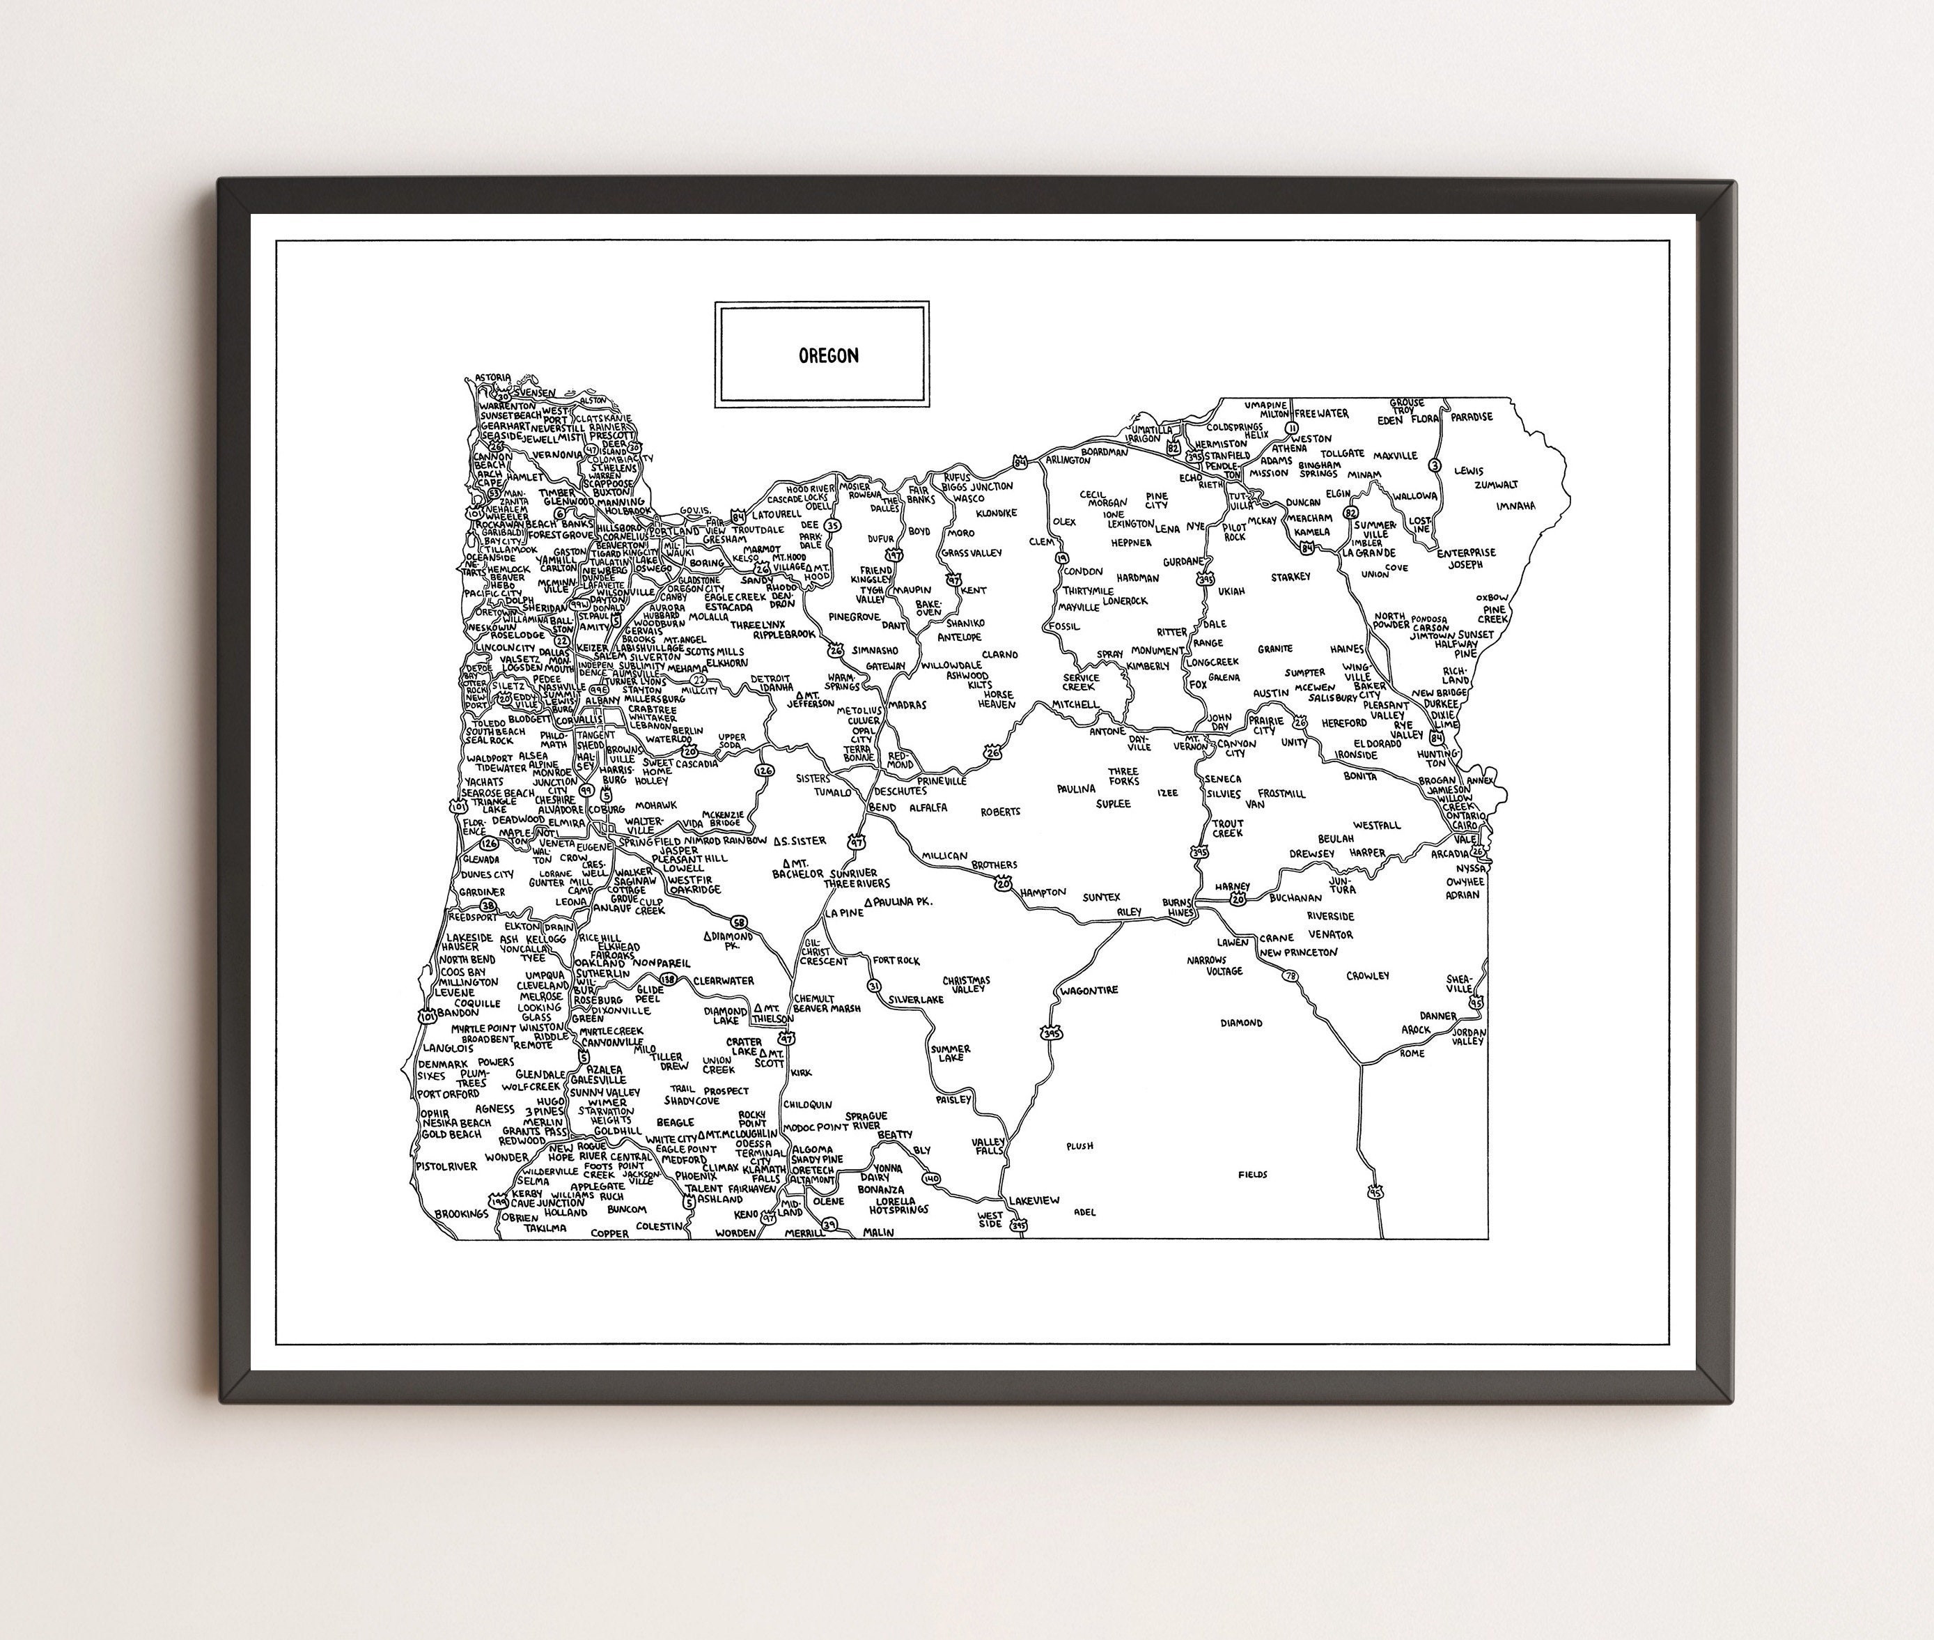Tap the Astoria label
(492, 378)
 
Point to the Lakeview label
(1034, 1201)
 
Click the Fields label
(1253, 1174)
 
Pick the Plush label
(1079, 1146)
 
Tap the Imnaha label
(1515, 506)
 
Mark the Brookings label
(461, 1214)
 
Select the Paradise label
(1471, 417)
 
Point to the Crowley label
(1367, 975)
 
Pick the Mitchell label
(1075, 705)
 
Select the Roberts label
(1000, 812)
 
